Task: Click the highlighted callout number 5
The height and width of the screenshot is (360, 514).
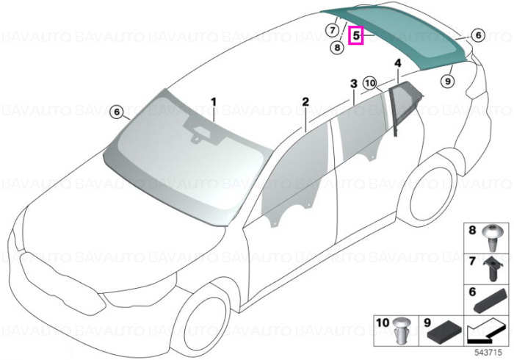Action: [x=356, y=35]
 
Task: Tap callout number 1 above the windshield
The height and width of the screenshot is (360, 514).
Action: [x=214, y=102]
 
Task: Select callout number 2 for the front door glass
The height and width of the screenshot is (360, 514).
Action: [x=305, y=101]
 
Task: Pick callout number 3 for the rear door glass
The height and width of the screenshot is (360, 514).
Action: [x=354, y=84]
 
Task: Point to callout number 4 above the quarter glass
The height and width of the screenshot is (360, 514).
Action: [x=398, y=63]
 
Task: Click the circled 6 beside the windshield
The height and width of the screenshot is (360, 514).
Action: [x=117, y=112]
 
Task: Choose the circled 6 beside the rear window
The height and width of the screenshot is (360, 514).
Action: [x=478, y=35]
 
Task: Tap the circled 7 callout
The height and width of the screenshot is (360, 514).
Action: [x=333, y=31]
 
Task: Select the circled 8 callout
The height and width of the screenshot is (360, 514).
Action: [x=337, y=48]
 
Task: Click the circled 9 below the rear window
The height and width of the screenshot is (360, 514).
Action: [x=448, y=80]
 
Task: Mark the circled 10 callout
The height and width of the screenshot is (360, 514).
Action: [x=369, y=83]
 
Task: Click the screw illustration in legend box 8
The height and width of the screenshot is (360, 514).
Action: [x=491, y=238]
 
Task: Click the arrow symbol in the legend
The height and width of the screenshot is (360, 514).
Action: [x=486, y=332]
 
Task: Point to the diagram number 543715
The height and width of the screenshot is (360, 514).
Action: [x=488, y=353]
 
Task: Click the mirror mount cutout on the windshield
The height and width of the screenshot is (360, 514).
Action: [x=202, y=132]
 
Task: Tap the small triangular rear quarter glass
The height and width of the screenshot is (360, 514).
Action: [x=405, y=104]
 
